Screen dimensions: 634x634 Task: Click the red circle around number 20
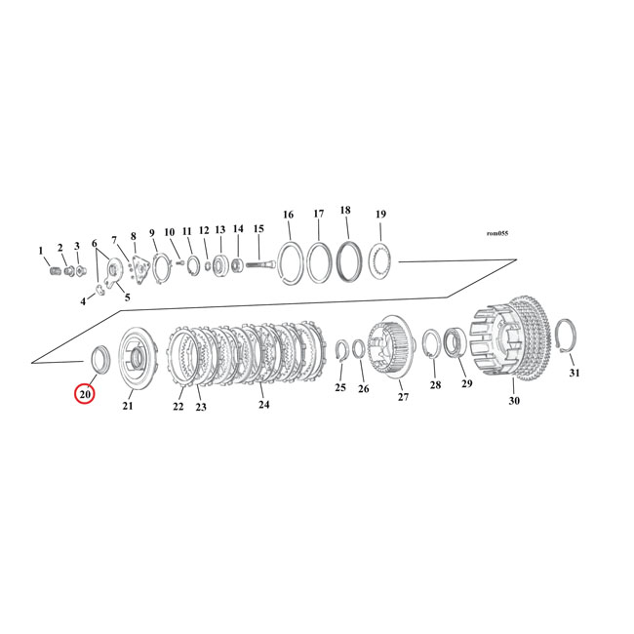pyautogui.click(x=85, y=394)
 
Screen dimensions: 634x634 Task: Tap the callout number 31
pyautogui.click(x=574, y=374)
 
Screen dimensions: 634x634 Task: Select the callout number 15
pyautogui.click(x=258, y=228)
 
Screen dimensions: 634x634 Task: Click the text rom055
pyautogui.click(x=496, y=233)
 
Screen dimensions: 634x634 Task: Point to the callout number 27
pyautogui.click(x=401, y=397)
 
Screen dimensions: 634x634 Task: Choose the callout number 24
pyautogui.click(x=263, y=404)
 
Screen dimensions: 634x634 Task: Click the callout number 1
pyautogui.click(x=41, y=251)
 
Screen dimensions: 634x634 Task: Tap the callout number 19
pyautogui.click(x=380, y=215)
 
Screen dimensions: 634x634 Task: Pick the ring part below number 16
pyautogui.click(x=289, y=262)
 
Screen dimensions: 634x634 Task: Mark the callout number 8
pyautogui.click(x=134, y=236)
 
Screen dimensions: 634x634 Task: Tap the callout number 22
pyautogui.click(x=178, y=407)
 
